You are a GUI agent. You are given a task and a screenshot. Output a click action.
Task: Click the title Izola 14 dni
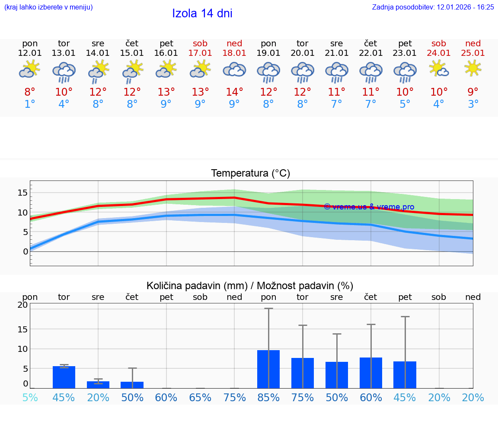(202, 13)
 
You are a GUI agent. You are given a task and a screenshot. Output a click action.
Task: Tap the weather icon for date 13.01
(64, 71)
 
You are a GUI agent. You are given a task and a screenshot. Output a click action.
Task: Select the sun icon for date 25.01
(473, 68)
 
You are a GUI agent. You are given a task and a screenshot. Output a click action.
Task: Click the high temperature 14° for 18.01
(234, 92)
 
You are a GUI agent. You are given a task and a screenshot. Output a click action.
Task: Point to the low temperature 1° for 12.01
(30, 104)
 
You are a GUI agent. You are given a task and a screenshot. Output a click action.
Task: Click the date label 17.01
(200, 53)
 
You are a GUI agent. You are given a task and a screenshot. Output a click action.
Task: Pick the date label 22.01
(370, 53)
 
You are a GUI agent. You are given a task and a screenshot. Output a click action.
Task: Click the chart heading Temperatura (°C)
(250, 174)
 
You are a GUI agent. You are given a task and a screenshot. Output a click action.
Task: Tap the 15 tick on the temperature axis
(23, 192)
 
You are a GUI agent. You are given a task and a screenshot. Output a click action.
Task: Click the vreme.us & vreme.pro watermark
(369, 207)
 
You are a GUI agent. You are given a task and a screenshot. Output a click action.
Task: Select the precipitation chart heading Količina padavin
(250, 286)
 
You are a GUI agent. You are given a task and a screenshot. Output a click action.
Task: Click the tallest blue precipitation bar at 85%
(268, 369)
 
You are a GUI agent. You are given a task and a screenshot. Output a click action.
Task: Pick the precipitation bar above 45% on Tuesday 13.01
(64, 377)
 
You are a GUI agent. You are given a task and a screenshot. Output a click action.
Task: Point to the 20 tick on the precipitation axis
(22, 305)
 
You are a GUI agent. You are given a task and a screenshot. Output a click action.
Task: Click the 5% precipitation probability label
(30, 397)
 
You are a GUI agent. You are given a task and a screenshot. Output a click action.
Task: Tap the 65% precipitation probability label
(200, 397)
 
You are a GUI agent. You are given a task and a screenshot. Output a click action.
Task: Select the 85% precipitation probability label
(268, 397)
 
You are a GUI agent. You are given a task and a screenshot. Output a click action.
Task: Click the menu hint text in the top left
(48, 7)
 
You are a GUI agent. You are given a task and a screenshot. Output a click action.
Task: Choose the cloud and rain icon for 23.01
(405, 71)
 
